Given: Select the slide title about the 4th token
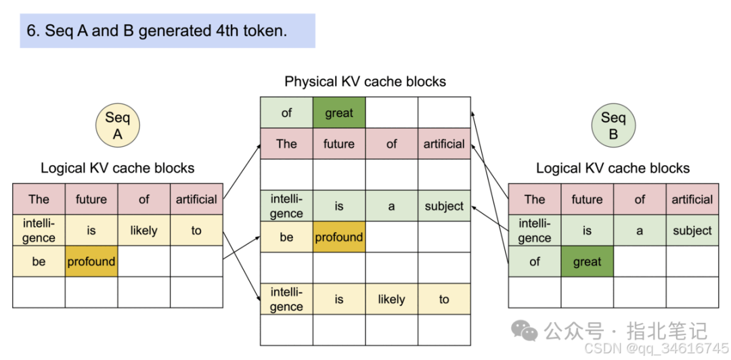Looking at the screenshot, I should [x=167, y=30].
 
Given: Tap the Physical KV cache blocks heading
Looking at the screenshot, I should [x=365, y=82].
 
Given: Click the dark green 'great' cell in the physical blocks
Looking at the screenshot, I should [x=339, y=113].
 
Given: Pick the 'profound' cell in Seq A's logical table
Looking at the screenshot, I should [x=91, y=261].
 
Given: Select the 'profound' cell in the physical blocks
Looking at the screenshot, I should [x=339, y=238].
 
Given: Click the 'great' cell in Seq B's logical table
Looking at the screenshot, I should [x=587, y=261].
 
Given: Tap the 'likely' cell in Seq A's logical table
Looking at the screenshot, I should [x=143, y=230].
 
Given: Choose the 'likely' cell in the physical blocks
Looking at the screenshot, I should [x=391, y=299].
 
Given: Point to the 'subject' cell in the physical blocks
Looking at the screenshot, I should [x=444, y=206].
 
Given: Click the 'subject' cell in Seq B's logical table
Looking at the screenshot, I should [x=692, y=230].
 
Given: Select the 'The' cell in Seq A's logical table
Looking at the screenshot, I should [x=39, y=199].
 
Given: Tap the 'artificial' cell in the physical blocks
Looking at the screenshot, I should [x=444, y=143].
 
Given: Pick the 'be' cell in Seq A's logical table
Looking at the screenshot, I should [x=39, y=261].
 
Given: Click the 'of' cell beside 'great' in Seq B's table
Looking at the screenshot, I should [x=535, y=261].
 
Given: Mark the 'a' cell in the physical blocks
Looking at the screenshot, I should [x=391, y=206].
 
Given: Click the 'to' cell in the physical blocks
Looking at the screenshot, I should [x=444, y=299].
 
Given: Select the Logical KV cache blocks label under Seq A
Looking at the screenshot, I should [x=117, y=168].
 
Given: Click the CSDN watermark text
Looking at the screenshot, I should [x=656, y=348].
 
